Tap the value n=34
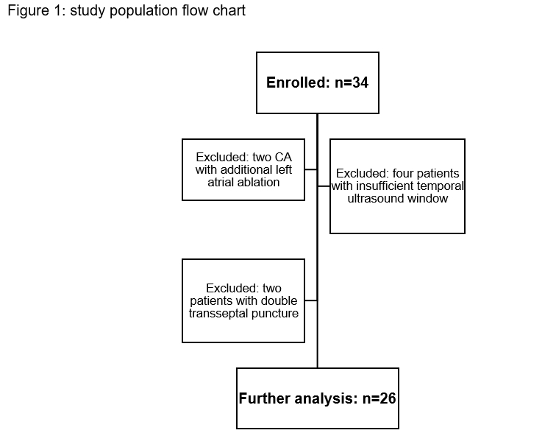[x=352, y=82]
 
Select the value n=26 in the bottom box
[x=379, y=398]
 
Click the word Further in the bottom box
[x=265, y=398]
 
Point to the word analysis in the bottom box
[x=327, y=398]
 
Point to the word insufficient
[x=385, y=186]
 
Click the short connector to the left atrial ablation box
[x=311, y=169]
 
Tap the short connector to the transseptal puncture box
[x=311, y=300]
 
